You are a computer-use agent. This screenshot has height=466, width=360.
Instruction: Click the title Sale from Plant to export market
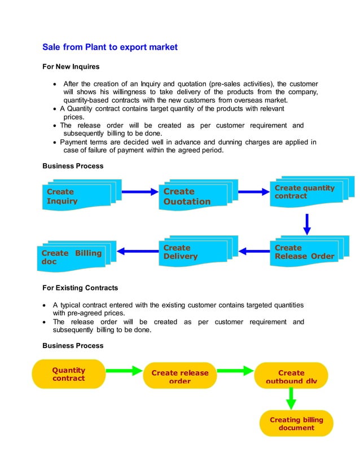pos(110,47)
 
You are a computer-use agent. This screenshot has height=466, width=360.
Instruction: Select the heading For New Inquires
pos(71,67)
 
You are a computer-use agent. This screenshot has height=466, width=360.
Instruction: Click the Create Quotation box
pos(192,196)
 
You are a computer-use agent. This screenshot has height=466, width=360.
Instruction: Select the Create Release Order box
pos(304,252)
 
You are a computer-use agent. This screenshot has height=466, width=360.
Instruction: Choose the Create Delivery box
pos(192,252)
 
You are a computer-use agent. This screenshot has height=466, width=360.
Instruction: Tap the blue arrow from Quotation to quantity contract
pos(254,192)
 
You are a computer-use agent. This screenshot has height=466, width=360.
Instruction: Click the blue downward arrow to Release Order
pos(307,224)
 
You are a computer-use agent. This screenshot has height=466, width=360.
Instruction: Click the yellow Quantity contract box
pos(69,374)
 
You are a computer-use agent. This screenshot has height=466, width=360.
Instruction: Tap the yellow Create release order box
pos(179,376)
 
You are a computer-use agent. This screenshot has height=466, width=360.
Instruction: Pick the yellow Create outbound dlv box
pos(291,376)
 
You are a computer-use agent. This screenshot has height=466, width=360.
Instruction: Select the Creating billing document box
pos(296,423)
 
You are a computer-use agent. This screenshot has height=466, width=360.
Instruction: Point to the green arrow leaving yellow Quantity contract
pos(124,371)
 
